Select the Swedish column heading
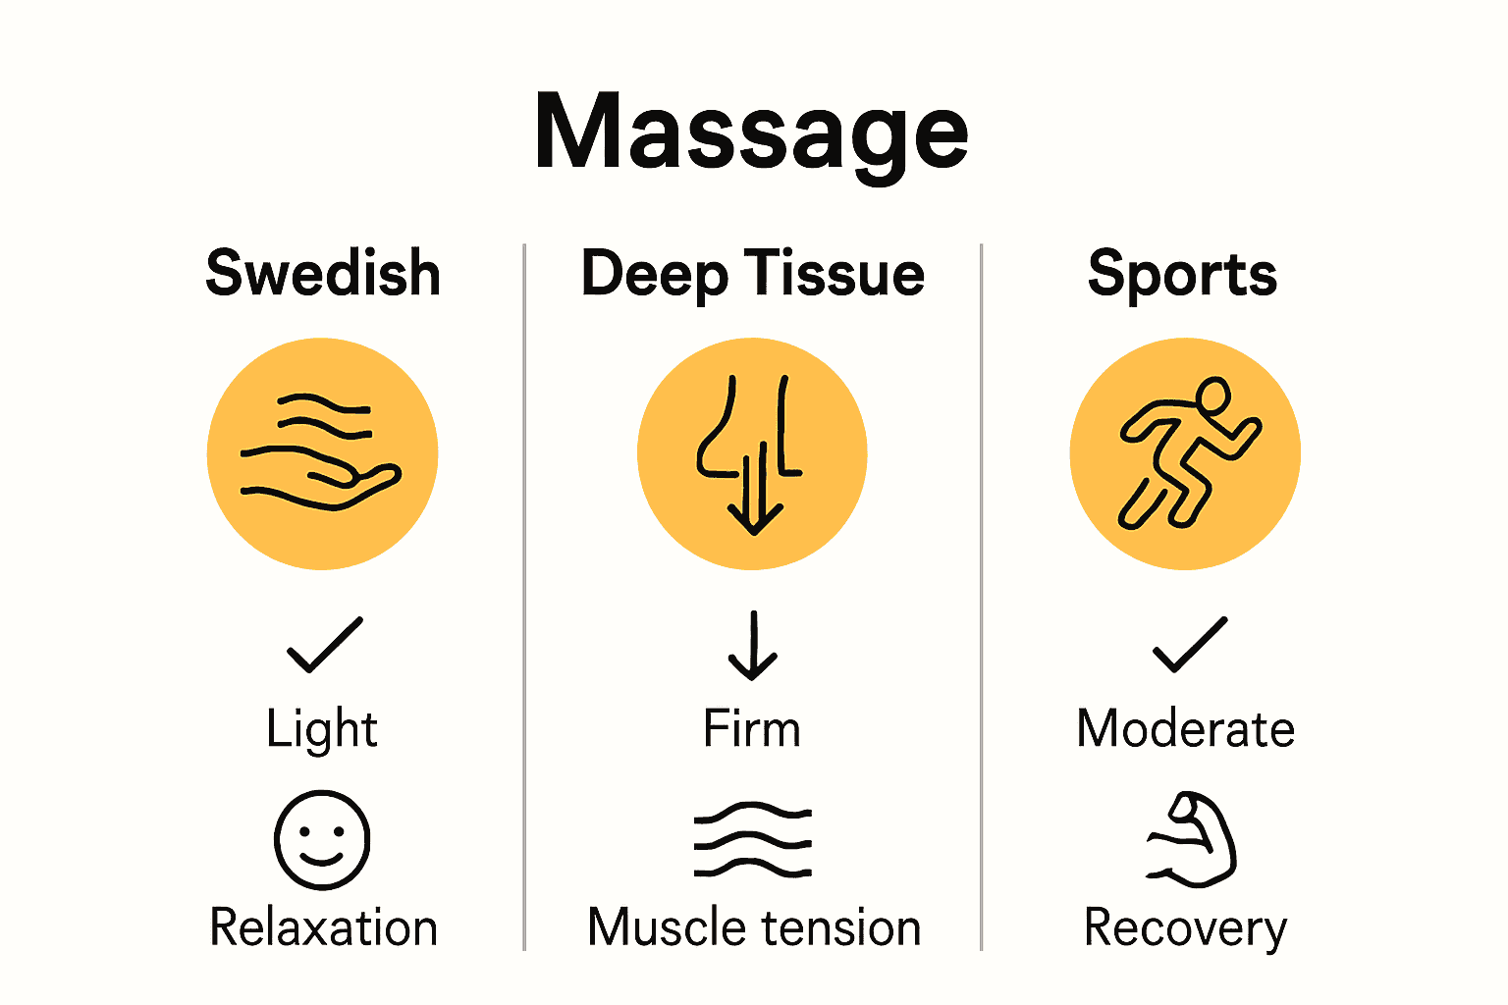323,273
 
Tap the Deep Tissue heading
752,273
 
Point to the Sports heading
1182,273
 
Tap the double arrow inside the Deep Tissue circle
754,491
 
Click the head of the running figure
1213,396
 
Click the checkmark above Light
324,645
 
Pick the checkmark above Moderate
1189,645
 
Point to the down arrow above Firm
753,646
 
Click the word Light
322,729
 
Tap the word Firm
752,729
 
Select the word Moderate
1185,729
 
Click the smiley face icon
322,840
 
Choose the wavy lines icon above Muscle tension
753,840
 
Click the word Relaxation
323,927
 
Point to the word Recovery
1185,927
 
